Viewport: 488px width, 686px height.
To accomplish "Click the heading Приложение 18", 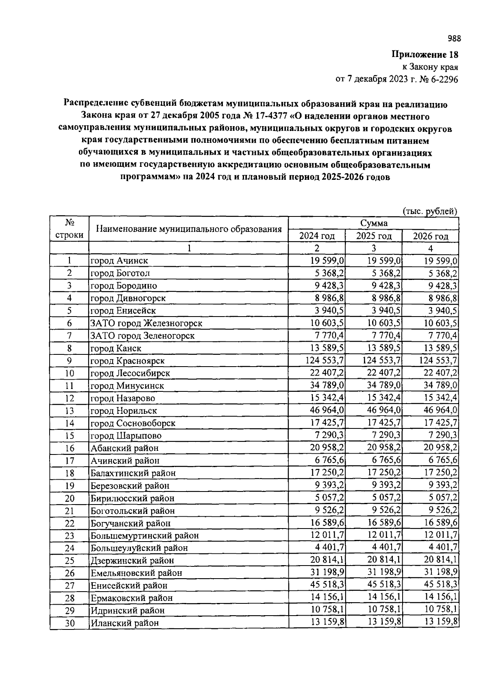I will coord(425,55).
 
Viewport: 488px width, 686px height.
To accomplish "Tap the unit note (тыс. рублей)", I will coord(430,211).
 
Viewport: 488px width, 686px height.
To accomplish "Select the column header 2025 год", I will coord(374,236).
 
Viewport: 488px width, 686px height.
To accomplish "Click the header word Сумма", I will coord(373,223).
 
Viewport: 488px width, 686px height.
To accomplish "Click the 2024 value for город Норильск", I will coord(327,410).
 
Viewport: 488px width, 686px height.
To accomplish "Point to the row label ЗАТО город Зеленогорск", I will coord(142,336).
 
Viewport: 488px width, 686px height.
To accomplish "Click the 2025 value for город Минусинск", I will coord(384,385).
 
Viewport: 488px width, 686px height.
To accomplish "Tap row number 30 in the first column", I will coord(70,623).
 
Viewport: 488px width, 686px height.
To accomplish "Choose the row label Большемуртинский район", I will coord(144,536).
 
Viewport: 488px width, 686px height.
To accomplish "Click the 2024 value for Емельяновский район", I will coord(327,572).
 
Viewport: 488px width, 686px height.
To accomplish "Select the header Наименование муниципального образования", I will coord(189,229).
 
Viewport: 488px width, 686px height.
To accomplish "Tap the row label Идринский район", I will coord(127,610).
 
